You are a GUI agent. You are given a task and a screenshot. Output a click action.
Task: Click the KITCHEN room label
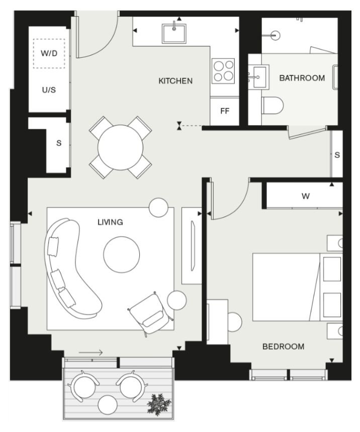click(175, 81)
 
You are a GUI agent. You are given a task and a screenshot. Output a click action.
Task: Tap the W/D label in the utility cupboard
click(49, 53)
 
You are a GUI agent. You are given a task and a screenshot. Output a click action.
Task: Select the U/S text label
click(49, 89)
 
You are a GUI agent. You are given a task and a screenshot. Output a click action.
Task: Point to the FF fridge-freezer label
click(225, 111)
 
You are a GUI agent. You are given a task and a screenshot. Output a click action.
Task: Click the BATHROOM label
click(302, 78)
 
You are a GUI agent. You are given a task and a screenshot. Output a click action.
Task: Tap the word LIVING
click(110, 222)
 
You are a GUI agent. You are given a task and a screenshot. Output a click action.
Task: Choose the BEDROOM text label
click(283, 346)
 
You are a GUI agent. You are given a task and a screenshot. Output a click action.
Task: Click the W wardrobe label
click(305, 196)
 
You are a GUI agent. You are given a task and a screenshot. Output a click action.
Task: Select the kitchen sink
click(174, 33)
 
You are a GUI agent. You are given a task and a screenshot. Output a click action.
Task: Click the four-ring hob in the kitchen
click(223, 71)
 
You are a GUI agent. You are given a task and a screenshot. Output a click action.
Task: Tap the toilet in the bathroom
click(273, 105)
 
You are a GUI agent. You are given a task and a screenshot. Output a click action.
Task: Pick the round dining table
click(120, 147)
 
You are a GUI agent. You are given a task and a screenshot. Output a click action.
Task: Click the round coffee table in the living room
click(121, 254)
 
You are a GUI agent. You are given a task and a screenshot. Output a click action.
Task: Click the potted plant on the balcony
click(159, 404)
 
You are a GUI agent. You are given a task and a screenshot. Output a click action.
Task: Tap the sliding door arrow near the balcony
click(91, 352)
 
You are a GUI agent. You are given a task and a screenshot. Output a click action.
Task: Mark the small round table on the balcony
click(108, 405)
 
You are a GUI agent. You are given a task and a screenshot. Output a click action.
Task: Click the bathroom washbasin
click(259, 77)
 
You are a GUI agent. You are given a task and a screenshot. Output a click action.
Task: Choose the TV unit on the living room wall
click(192, 246)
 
